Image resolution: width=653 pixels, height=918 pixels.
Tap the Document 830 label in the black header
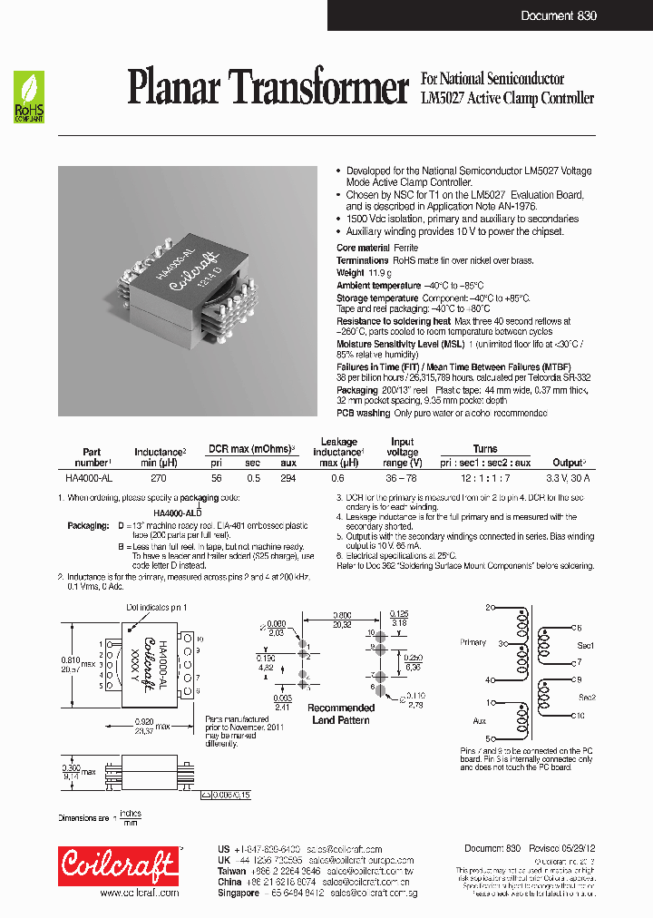558,15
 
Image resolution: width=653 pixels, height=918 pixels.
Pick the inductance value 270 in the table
158,476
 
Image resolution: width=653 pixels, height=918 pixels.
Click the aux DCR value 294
288,476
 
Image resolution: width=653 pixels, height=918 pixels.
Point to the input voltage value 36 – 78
402,476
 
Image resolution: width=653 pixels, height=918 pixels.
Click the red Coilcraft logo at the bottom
118,865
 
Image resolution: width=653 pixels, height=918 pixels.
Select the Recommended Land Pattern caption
342,714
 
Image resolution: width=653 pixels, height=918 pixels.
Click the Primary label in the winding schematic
473,642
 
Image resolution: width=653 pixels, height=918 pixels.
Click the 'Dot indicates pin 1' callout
155,606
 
